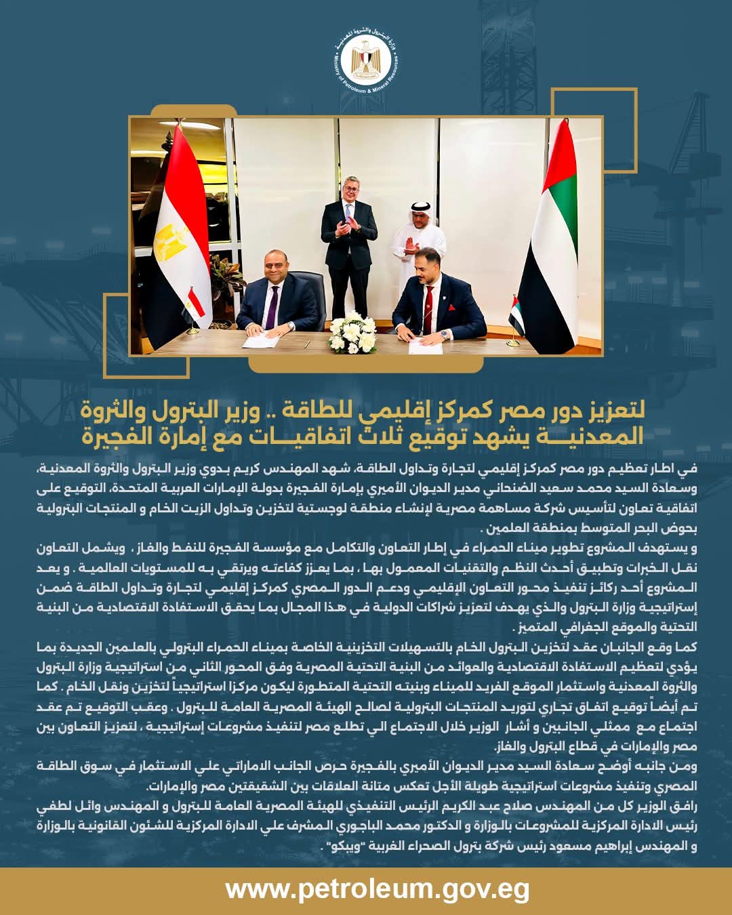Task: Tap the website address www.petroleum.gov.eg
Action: pos(377,889)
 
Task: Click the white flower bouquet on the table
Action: pos(352,333)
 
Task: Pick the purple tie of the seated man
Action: pos(272,305)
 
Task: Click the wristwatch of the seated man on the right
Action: pos(444,333)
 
